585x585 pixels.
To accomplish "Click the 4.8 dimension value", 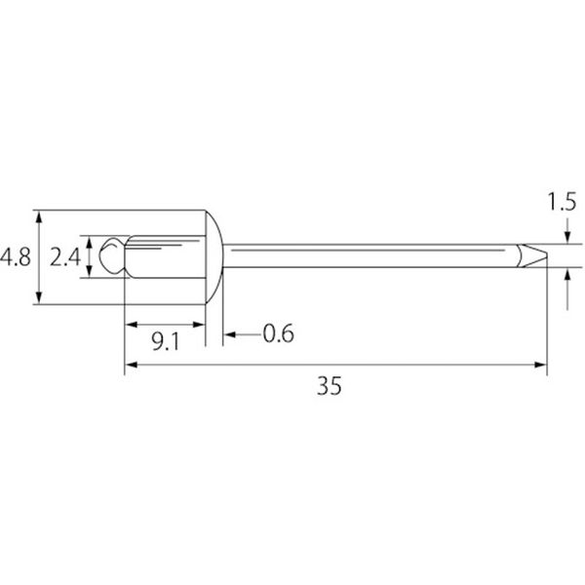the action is (x=16, y=257).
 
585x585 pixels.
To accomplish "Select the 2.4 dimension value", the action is (x=65, y=257).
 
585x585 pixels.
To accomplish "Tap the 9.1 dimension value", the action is (x=166, y=341).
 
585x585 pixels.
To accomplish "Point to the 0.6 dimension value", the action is (x=278, y=333).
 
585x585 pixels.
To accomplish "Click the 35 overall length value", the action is (x=330, y=386).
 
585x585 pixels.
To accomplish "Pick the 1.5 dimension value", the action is (x=562, y=202).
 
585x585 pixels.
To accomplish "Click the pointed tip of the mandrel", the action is (x=546, y=255).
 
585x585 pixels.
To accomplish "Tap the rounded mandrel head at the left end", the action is (x=112, y=255).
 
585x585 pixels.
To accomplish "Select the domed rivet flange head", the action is (x=214, y=257).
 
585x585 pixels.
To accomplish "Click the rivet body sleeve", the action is (x=165, y=256).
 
